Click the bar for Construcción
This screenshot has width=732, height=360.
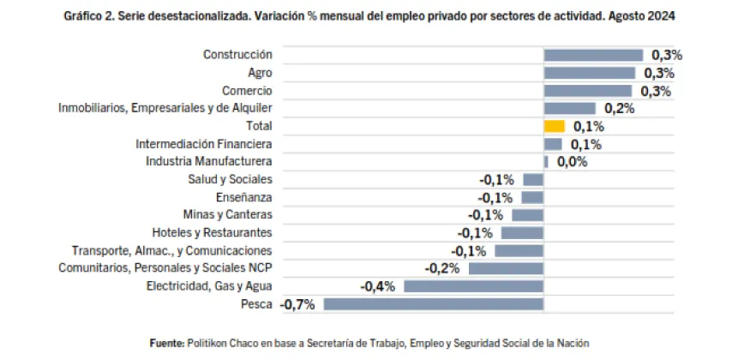pyautogui.click(x=593, y=55)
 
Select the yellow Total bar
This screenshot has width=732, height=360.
pyautogui.click(x=554, y=126)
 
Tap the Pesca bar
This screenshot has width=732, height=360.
pyautogui.click(x=433, y=303)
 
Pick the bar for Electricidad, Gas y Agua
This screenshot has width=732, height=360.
pyautogui.click(x=473, y=286)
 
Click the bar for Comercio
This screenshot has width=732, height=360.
pyautogui.click(x=587, y=91)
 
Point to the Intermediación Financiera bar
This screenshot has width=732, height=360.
pyautogui.click(x=553, y=144)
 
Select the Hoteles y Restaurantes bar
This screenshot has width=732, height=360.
pyautogui.click(x=522, y=233)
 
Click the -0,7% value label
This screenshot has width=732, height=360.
pyautogui.click(x=297, y=304)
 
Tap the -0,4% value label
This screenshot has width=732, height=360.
pyautogui.click(x=377, y=286)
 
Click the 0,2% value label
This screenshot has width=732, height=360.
pyautogui.click(x=619, y=109)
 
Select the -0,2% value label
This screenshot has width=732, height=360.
pyautogui.click(x=442, y=268)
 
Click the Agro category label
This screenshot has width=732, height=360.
pyautogui.click(x=260, y=73)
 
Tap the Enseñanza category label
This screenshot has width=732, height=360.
pyautogui.click(x=244, y=197)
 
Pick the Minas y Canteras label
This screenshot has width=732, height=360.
pyautogui.click(x=228, y=215)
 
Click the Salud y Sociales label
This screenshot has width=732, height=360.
pyautogui.click(x=230, y=179)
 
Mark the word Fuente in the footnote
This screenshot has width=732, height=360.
pyautogui.click(x=166, y=343)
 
